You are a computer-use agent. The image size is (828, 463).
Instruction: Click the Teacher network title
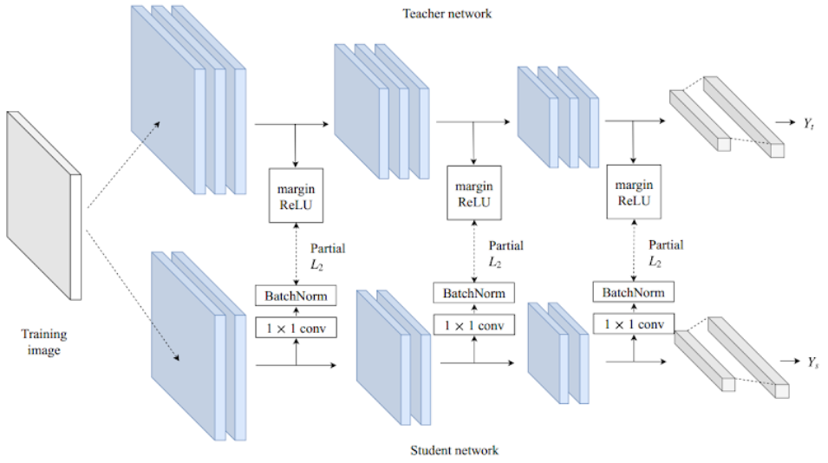(447, 14)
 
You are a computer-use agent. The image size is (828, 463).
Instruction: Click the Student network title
(453, 450)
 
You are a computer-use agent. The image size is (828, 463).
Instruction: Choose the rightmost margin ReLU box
(634, 192)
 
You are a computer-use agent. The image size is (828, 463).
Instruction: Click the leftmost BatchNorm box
(296, 297)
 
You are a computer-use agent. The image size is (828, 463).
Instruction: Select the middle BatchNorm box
(473, 293)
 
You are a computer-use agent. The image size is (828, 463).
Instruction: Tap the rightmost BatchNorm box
(633, 292)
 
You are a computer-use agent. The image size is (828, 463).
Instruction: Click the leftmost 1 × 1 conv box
(296, 329)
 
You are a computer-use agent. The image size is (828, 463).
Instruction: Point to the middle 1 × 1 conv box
(473, 325)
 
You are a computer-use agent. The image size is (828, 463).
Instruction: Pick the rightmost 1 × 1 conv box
(633, 325)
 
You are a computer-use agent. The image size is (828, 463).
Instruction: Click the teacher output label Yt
(811, 123)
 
